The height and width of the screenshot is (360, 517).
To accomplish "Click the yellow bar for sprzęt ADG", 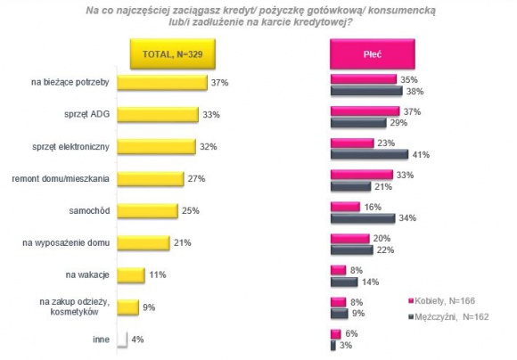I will point(157,115).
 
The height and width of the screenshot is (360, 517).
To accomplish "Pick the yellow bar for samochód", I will point(147,210).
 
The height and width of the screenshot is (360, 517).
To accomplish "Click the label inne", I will point(101,338).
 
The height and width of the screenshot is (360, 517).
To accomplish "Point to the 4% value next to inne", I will point(136,338).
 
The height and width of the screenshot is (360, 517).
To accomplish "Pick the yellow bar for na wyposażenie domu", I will point(143,242).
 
